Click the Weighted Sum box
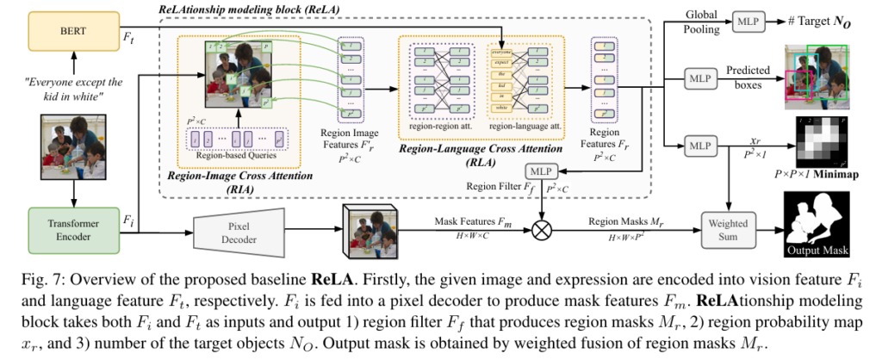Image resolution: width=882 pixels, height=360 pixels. tap(728, 229)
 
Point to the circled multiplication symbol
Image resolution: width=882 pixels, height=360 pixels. tap(543, 230)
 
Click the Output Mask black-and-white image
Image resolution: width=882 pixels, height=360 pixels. tap(816, 223)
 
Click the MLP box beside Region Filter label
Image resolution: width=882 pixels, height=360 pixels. tap(543, 172)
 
